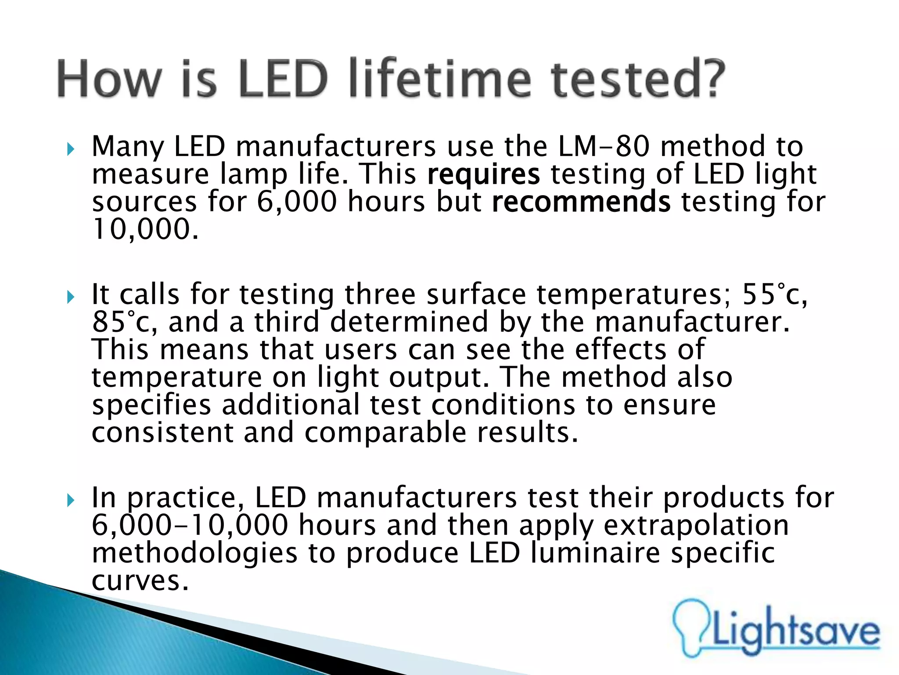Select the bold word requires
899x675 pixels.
point(483,174)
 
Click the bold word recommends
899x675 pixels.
point(581,202)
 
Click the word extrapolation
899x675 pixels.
point(696,525)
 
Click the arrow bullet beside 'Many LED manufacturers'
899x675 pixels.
point(71,149)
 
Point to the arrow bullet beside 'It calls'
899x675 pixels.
point(71,298)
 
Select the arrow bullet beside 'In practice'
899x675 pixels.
point(71,501)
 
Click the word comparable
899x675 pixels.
point(385,433)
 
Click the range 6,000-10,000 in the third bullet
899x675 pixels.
point(190,525)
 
